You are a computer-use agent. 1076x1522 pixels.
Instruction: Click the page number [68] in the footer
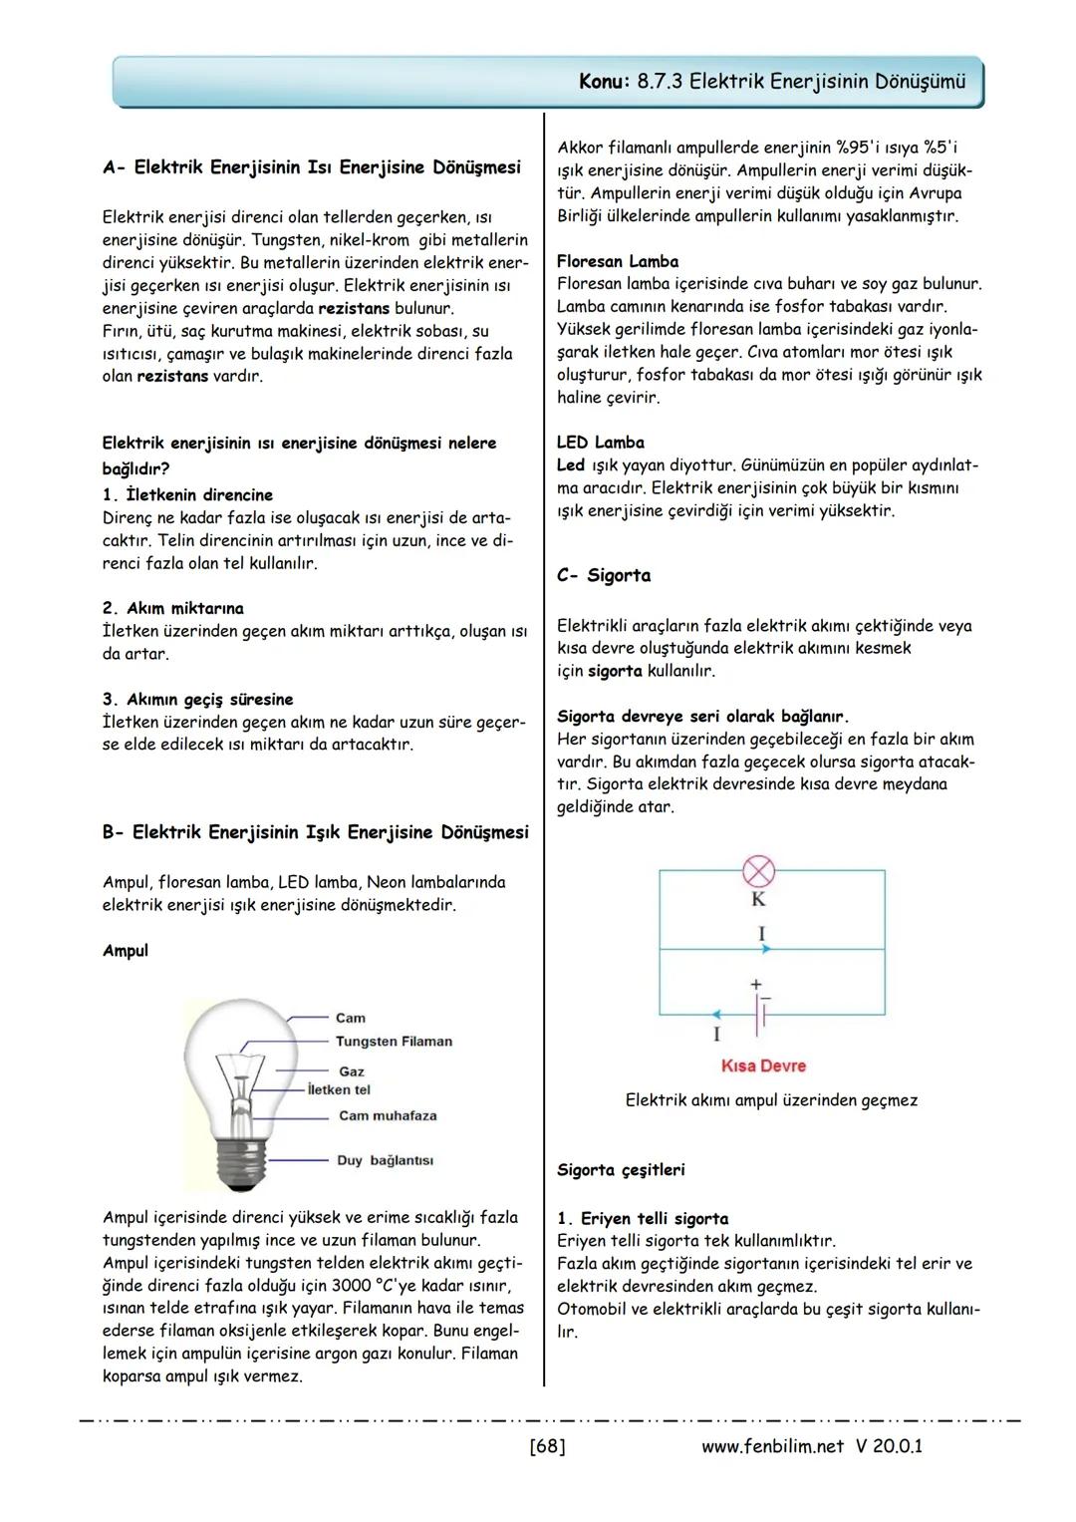point(547,1445)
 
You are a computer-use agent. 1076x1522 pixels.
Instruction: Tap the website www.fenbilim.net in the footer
point(772,1445)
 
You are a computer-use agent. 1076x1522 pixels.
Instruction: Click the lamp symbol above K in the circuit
point(759,872)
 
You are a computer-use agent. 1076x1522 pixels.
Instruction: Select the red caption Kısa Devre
point(763,1065)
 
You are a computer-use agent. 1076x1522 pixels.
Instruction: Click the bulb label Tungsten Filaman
point(394,1042)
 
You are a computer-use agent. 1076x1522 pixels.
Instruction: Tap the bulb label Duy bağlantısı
point(385,1160)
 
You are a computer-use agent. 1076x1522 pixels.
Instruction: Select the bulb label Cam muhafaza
point(388,1115)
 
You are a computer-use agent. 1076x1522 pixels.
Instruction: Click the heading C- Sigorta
point(604,575)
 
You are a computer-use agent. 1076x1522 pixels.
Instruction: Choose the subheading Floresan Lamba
point(618,261)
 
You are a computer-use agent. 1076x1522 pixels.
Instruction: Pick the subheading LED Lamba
point(601,443)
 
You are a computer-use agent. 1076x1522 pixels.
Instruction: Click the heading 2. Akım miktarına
point(173,608)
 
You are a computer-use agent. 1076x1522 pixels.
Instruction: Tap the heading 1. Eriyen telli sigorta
point(643,1218)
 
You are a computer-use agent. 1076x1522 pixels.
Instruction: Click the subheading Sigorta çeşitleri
point(621,1169)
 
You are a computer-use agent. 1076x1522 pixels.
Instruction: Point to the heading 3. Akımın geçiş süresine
point(198,699)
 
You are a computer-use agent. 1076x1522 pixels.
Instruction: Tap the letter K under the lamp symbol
point(758,900)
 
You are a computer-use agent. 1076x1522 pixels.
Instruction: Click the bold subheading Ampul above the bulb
point(126,951)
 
